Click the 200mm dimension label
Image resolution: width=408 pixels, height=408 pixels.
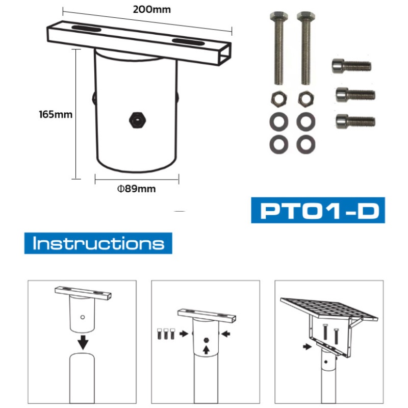click(151, 10)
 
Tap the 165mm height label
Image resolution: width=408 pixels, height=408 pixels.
click(56, 114)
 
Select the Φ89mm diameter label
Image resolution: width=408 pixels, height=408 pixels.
click(136, 189)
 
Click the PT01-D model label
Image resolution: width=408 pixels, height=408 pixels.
click(318, 210)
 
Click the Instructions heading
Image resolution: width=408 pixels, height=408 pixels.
click(98, 243)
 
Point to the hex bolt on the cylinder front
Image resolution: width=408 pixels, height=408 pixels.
click(137, 120)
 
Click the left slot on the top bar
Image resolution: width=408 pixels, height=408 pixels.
click(86, 29)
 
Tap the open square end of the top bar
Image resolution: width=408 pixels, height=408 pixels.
click(224, 55)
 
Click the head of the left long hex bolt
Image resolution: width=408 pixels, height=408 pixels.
click(279, 16)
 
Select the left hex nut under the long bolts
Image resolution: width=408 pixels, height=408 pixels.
click(279, 99)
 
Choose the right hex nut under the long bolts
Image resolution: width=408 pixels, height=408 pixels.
click(305, 99)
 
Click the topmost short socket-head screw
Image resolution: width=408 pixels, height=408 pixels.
click(351, 66)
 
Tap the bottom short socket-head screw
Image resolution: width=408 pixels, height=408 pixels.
click(355, 121)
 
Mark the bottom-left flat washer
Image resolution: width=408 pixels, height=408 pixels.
click(279, 145)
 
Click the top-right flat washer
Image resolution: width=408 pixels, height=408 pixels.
click(305, 122)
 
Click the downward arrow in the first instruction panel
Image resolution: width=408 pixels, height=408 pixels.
click(83, 342)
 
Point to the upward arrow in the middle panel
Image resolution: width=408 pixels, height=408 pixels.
click(207, 350)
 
